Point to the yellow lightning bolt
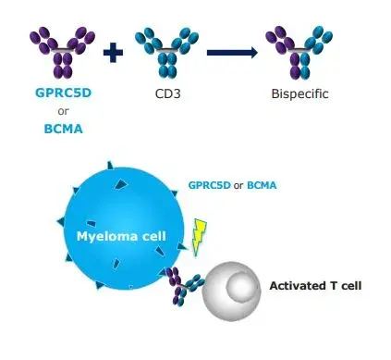coord(198,237)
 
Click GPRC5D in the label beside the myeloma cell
coord(209,185)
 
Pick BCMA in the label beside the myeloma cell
coord(262,185)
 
